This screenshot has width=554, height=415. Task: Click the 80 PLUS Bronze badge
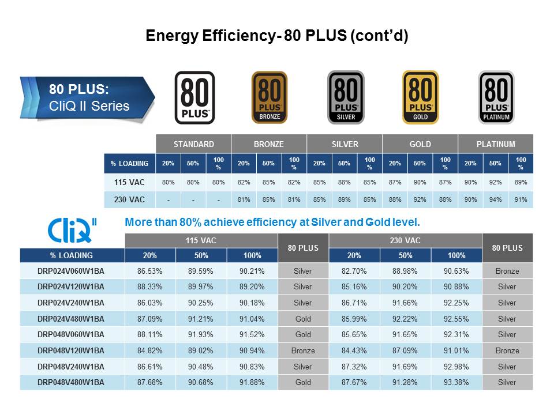pos(269,97)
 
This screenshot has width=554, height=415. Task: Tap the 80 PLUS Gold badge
pos(420,97)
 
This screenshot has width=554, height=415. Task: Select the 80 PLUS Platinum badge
pos(496,97)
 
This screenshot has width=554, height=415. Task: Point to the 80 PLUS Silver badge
pos(345,97)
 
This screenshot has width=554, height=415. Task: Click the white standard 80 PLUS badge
pos(194,97)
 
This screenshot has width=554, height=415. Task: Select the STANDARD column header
pos(194,144)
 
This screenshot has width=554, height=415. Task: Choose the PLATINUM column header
pos(496,144)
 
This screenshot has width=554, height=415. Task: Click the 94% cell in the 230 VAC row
pos(496,199)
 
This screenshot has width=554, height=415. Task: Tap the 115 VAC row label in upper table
pos(130,182)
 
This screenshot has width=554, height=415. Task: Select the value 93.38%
pos(456,382)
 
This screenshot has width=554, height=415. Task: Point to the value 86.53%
pos(150,271)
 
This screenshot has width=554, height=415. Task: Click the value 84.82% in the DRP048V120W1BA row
pos(150,350)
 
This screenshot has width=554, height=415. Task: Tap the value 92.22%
pos(405,319)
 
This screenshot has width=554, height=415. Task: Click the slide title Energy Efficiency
pos(277,36)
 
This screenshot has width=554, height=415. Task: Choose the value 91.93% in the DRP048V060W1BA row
pos(201,334)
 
